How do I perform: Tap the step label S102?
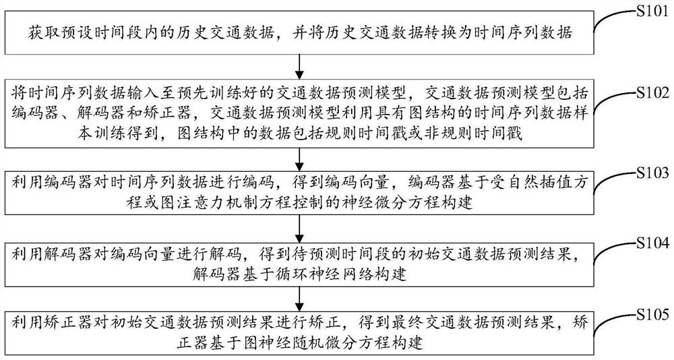[651, 92]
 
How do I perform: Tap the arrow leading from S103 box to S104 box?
[298, 228]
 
